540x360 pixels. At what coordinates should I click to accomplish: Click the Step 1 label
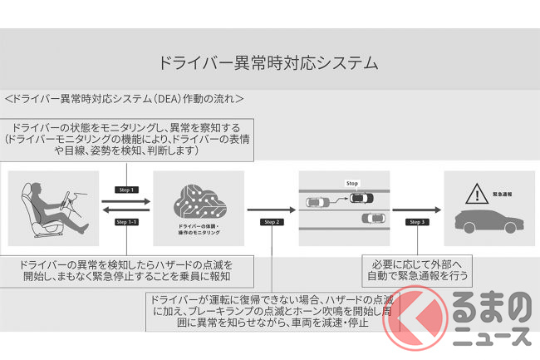[x=127, y=190]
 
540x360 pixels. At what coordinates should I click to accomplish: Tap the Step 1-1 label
[x=127, y=222]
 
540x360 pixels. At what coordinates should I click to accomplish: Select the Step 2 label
[x=271, y=222]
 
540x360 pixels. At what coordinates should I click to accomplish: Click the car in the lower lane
[x=373, y=219]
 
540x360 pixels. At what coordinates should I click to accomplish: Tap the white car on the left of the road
[x=316, y=201]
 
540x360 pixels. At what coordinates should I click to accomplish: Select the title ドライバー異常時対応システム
[x=268, y=62]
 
